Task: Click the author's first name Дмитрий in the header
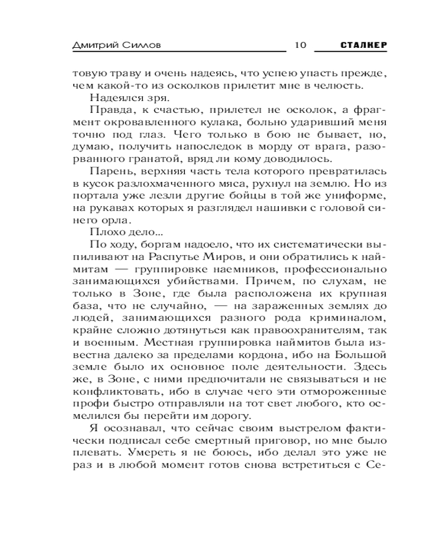point(95,45)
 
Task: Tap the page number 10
point(300,45)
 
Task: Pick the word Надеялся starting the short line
point(111,98)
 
